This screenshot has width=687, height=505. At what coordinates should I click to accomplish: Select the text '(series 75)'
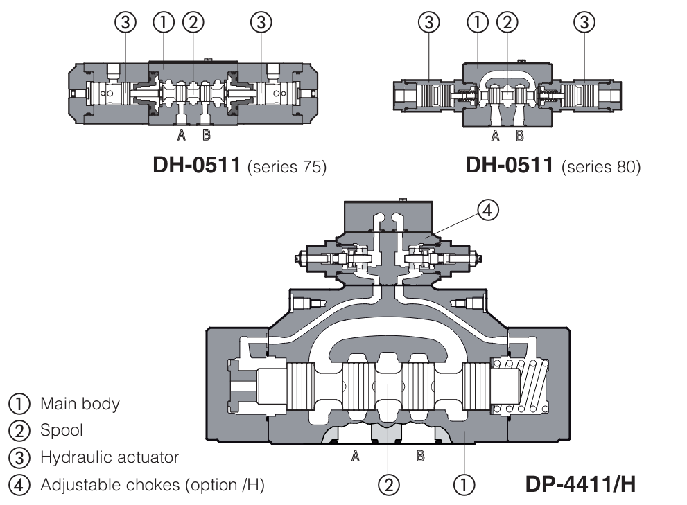coord(284,168)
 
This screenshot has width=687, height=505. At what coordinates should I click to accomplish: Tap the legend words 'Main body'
coord(80,403)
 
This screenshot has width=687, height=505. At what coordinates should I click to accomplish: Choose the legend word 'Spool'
coord(62,430)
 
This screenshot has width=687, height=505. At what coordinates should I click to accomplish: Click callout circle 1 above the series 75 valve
coord(164,22)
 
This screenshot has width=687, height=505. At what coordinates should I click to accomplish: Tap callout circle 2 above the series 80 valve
coord(508,22)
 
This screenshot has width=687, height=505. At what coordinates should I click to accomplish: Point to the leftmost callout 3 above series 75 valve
coord(125,22)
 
